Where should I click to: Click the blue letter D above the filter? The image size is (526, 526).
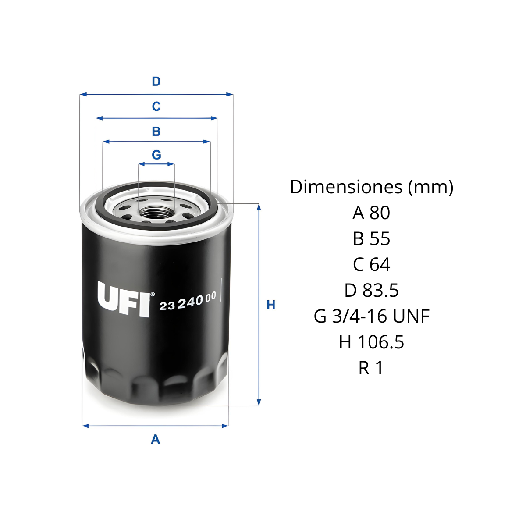coord(156,82)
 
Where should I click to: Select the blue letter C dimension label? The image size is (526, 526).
coord(156,106)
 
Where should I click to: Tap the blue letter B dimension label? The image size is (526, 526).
coord(156,131)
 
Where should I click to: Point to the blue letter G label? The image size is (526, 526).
coord(156,155)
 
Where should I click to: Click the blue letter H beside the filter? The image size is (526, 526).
coord(271,305)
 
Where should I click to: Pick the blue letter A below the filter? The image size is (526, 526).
coord(156,439)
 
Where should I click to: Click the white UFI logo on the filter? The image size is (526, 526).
coord(126,299)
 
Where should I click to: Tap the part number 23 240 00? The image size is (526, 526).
coord(188,301)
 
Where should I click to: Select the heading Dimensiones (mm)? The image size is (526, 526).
coord(372,187)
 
